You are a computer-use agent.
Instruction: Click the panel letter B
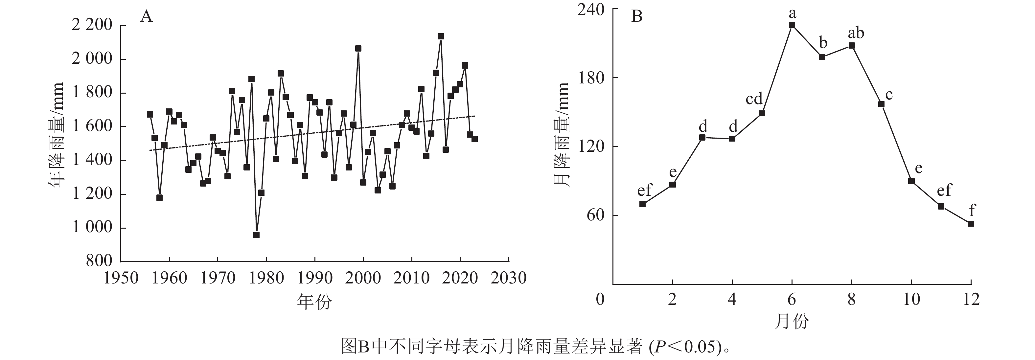[637, 16]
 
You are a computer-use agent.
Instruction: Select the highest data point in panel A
[440, 36]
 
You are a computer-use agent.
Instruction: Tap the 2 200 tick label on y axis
[92, 25]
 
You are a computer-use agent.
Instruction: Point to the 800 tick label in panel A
[99, 261]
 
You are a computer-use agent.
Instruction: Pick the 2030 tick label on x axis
[508, 278]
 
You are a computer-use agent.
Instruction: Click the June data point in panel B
[792, 25]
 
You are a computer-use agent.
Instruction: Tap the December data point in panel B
[971, 224]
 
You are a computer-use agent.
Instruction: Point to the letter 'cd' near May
[754, 99]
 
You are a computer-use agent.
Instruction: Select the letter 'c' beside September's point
[889, 95]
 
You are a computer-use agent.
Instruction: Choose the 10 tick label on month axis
[911, 299]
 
